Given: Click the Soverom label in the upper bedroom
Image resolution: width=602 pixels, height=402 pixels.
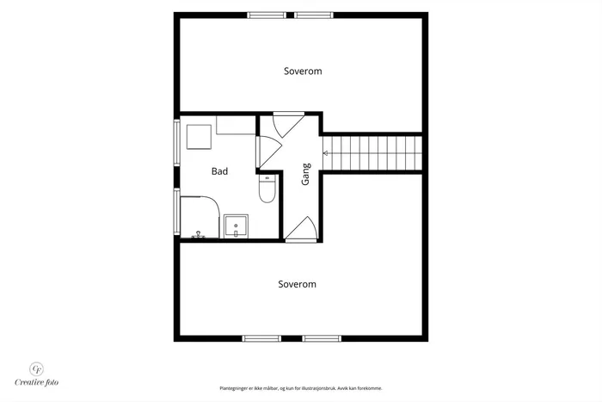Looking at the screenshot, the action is [303, 71].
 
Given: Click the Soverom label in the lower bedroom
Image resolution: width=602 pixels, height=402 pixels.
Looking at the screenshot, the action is [298, 284].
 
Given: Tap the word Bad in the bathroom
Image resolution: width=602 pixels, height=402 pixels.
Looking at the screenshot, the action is [219, 171].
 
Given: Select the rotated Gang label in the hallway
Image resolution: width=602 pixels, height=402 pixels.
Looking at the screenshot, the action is [305, 175].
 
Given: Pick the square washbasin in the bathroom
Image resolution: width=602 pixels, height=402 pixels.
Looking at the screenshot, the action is [236, 226].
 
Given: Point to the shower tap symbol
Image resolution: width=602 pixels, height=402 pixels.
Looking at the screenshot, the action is [198, 234].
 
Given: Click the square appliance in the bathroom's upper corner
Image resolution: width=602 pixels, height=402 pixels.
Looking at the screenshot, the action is [199, 137].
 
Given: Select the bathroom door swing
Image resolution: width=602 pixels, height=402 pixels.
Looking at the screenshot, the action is [269, 152].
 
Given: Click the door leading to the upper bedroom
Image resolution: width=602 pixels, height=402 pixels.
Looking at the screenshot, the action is [288, 124].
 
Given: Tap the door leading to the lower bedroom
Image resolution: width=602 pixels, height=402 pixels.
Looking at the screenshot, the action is [301, 229].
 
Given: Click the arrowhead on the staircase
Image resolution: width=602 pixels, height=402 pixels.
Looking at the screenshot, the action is [325, 153].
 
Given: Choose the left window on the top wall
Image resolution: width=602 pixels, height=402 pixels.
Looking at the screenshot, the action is [267, 15].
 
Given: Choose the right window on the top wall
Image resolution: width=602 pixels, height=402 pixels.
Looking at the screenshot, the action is [314, 15].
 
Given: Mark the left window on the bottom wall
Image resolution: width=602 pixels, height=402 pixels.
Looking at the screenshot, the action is [261, 338].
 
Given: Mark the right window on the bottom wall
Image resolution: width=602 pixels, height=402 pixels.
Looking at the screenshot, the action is [322, 338].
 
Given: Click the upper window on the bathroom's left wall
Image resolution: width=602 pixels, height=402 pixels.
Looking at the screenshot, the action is [177, 143].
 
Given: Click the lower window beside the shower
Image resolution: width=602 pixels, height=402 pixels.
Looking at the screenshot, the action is [177, 211].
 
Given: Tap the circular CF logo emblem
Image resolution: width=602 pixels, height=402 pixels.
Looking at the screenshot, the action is [37, 369].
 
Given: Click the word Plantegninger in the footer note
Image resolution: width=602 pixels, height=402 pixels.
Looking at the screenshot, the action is [232, 388].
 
